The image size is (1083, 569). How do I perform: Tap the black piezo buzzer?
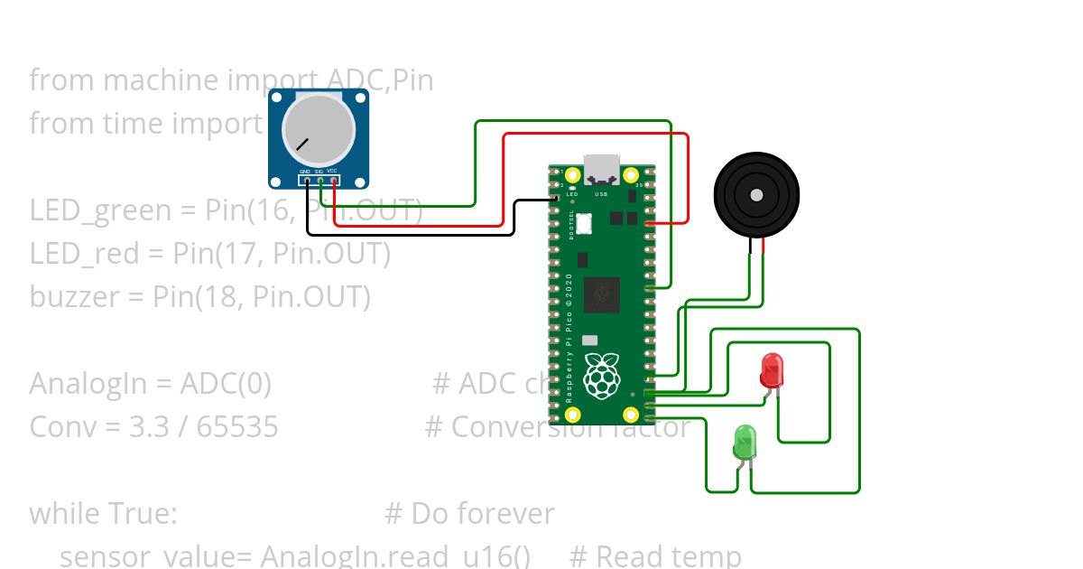tap(756, 194)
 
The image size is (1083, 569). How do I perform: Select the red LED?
tap(772, 370)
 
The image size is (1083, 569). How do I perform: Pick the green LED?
tap(745, 442)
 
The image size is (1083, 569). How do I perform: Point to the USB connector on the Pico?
tap(602, 169)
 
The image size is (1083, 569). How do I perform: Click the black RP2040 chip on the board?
tap(601, 294)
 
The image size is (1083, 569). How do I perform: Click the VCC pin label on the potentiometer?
tap(332, 171)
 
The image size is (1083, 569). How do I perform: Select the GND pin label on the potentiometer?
tap(305, 171)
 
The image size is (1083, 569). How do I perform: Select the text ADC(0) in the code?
tap(226, 384)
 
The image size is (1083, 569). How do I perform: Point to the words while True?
tap(103, 513)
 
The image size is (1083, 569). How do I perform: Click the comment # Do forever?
tap(469, 513)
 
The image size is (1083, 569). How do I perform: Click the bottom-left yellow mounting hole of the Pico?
tap(572, 415)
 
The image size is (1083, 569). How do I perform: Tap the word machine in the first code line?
tap(160, 80)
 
